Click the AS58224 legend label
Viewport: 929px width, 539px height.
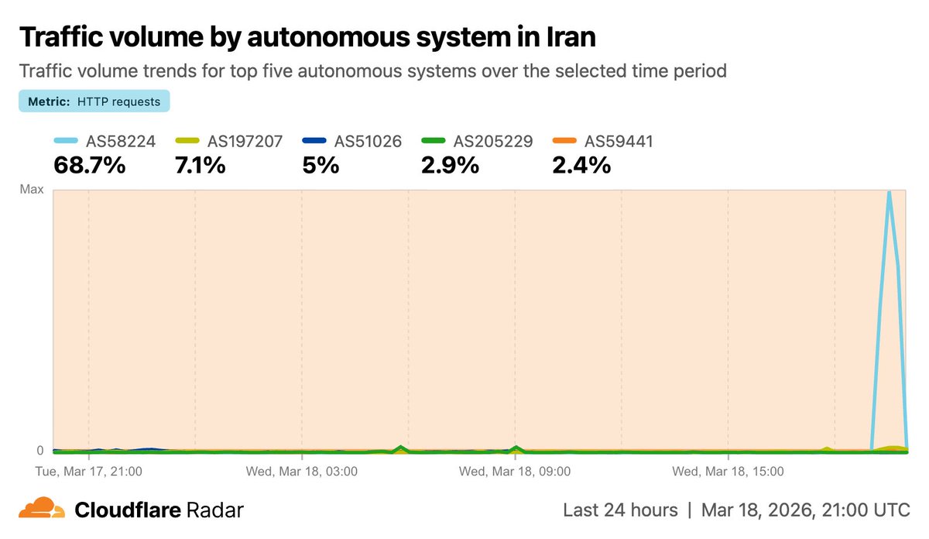120,142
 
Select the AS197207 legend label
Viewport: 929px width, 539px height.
245,142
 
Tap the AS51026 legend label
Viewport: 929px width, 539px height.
368,142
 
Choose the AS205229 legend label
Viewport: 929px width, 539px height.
493,142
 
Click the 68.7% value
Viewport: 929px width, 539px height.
89,165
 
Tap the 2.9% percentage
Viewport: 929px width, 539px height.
450,165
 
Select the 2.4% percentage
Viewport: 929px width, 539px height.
581,165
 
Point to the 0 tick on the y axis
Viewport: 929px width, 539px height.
40,450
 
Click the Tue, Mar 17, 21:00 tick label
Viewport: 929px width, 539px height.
89,470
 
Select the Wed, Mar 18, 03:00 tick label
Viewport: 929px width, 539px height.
302,470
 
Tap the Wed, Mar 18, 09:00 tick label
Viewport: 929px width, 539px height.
515,470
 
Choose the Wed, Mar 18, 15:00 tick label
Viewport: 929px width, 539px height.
728,470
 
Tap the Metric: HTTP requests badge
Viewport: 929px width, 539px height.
94,101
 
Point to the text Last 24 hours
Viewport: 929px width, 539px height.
620,510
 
